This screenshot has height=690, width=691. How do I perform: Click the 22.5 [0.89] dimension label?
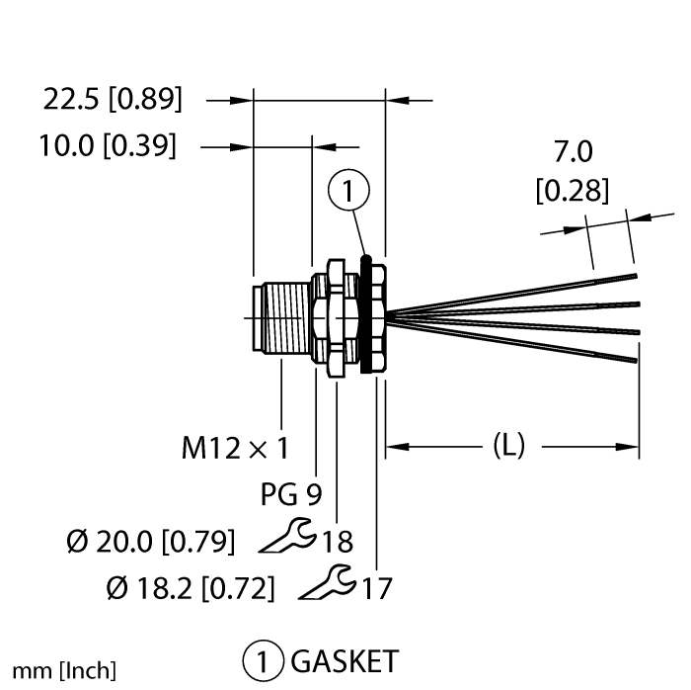[x=113, y=99]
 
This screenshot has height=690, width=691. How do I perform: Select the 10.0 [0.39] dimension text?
[x=108, y=146]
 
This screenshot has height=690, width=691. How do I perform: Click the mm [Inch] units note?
[x=63, y=670]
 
